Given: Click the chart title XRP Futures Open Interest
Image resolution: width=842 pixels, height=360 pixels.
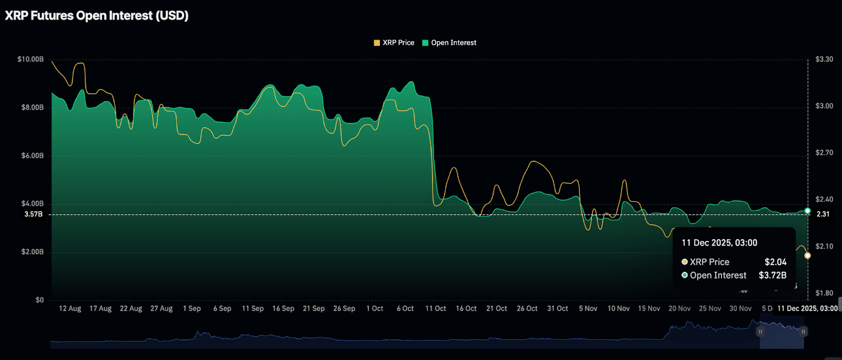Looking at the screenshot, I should tap(96, 16).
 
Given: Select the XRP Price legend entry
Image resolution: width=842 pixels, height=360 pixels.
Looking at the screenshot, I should tap(394, 43).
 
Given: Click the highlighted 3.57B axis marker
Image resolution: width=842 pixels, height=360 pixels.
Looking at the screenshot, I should tap(33, 214).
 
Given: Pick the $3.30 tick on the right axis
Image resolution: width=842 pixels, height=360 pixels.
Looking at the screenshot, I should tap(824, 59).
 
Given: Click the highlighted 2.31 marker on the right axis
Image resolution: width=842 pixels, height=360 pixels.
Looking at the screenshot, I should tap(822, 214).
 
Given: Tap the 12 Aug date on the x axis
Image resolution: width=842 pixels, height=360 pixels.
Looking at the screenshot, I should tap(70, 309).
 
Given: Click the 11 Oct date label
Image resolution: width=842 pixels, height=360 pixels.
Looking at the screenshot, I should tap(436, 309).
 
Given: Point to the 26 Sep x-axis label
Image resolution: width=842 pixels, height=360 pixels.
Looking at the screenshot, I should tap(344, 309).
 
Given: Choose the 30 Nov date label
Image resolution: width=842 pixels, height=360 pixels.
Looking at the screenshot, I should tap(740, 309).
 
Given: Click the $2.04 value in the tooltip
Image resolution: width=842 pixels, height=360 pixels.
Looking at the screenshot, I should tap(775, 262).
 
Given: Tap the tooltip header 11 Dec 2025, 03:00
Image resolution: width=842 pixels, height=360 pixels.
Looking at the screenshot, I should tap(719, 242).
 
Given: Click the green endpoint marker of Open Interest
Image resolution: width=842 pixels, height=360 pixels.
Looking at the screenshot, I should tap(807, 210).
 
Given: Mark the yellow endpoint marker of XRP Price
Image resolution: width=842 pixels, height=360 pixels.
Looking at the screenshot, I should tap(807, 255).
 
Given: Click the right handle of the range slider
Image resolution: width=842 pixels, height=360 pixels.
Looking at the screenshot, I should tap(803, 332).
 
